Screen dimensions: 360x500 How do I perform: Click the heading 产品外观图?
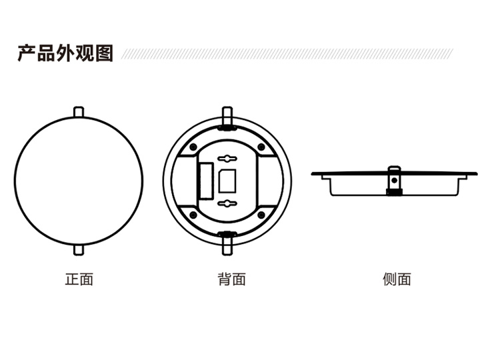(x=65, y=53)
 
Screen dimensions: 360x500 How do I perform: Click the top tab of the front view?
(x=79, y=111)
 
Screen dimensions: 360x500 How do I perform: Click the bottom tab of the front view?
(x=79, y=248)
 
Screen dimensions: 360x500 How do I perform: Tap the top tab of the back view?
(x=227, y=111)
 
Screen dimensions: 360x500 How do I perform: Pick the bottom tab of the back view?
(x=227, y=248)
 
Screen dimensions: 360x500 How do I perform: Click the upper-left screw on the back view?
(x=193, y=146)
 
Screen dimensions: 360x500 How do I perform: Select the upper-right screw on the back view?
(x=261, y=146)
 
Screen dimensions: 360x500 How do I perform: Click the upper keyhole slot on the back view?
(x=227, y=159)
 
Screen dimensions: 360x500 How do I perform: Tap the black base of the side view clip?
(x=394, y=193)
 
